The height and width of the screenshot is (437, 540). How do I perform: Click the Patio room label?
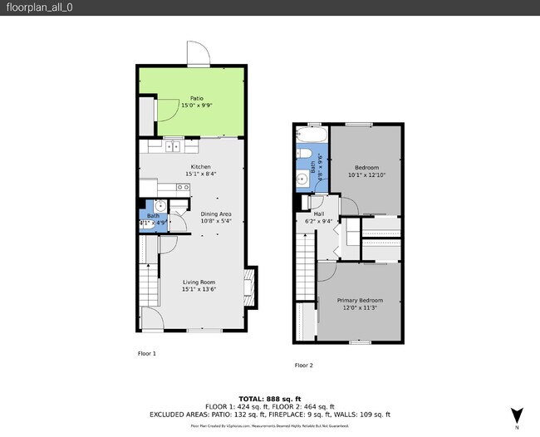(197, 98)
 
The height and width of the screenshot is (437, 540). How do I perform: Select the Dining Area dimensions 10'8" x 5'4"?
(215, 222)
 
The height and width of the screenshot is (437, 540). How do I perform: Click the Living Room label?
(199, 282)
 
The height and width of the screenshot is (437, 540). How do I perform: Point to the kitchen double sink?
(172, 146)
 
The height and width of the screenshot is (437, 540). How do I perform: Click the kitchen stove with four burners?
(182, 188)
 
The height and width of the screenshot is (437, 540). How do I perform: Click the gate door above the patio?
(198, 54)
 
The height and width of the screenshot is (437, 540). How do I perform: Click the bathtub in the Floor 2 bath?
(312, 135)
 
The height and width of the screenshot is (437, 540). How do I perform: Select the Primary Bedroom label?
(360, 300)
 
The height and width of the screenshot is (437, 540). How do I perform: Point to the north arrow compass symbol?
(517, 415)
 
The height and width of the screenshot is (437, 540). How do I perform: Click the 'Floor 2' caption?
(304, 365)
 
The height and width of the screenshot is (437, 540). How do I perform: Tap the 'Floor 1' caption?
(146, 353)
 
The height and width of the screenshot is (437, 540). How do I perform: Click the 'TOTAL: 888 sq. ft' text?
(269, 399)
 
